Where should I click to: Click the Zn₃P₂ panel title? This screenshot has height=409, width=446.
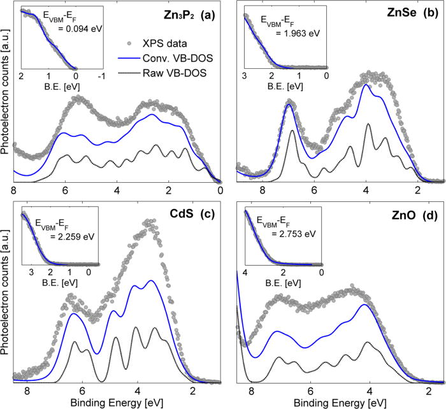coord(169,13)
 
